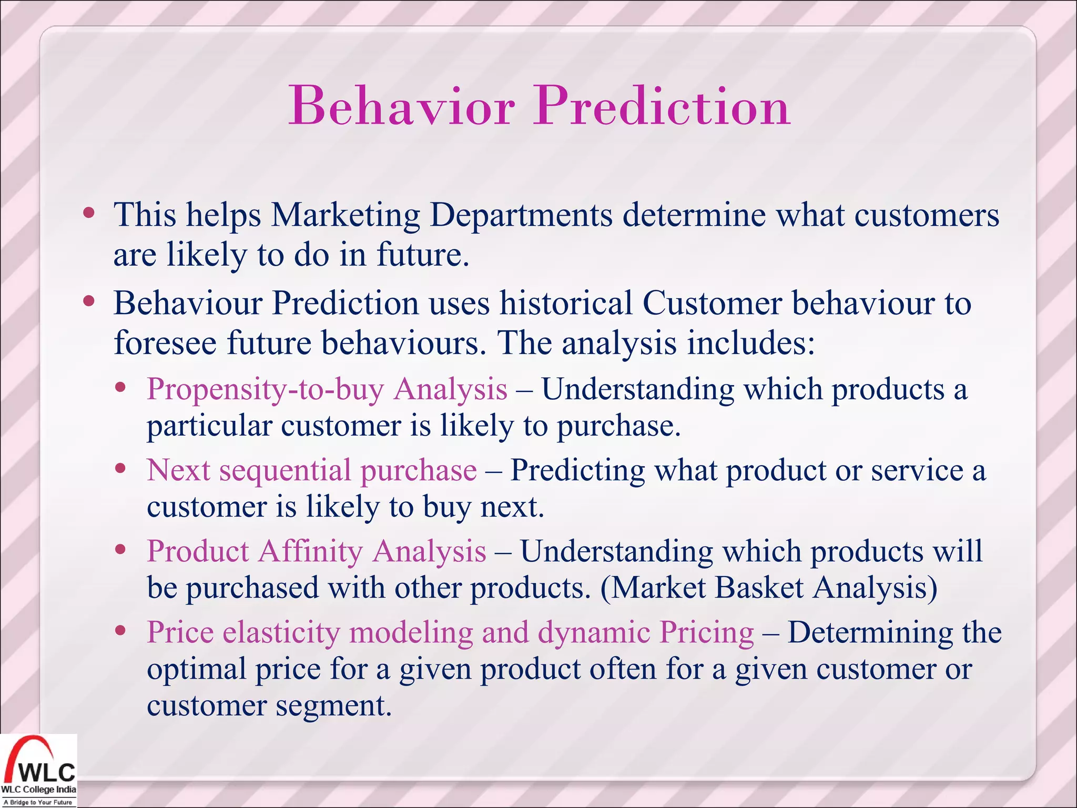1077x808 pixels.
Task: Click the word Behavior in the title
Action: click(x=401, y=107)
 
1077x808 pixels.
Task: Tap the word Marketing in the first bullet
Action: click(x=346, y=216)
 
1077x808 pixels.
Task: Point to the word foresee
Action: click(x=165, y=343)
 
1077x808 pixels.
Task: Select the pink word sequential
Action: click(x=285, y=470)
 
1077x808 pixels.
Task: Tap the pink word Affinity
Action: click(x=310, y=552)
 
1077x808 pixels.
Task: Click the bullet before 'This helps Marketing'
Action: click(x=89, y=213)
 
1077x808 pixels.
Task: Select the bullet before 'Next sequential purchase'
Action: click(x=121, y=468)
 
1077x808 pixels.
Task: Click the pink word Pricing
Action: click(x=706, y=633)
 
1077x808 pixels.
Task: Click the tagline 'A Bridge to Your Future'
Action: click(x=38, y=802)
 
